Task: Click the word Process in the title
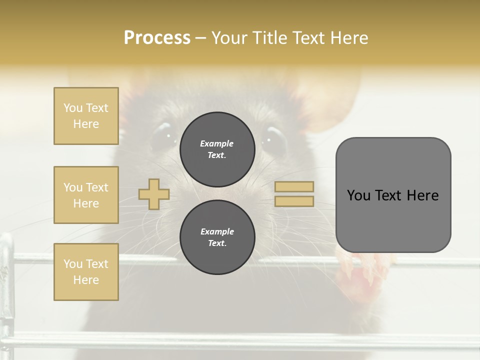pyautogui.click(x=157, y=38)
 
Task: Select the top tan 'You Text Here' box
pyautogui.click(x=86, y=116)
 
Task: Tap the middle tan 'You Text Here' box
pyautogui.click(x=86, y=195)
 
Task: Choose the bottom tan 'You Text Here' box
pyautogui.click(x=86, y=272)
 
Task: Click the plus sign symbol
pyautogui.click(x=154, y=194)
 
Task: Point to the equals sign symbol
pyautogui.click(x=294, y=194)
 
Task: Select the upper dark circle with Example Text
pyautogui.click(x=217, y=149)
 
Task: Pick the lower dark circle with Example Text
pyautogui.click(x=217, y=237)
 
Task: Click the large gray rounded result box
pyautogui.click(x=393, y=195)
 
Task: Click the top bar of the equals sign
pyautogui.click(x=294, y=186)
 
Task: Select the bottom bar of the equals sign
pyautogui.click(x=294, y=201)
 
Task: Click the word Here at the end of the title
pyautogui.click(x=349, y=38)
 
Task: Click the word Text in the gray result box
pyautogui.click(x=389, y=195)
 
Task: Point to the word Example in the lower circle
pyautogui.click(x=217, y=231)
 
